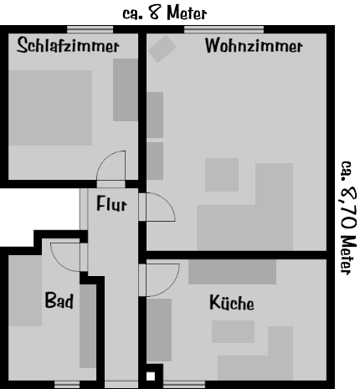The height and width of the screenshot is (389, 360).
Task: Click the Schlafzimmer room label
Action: coord(68,45)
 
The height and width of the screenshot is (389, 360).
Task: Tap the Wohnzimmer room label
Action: coord(254,45)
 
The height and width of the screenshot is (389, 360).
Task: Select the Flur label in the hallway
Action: coord(111,203)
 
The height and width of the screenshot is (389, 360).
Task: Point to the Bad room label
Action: coord(59,300)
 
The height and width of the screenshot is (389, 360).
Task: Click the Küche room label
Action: coord(232,302)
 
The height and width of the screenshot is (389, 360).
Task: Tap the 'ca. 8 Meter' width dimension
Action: coord(165,13)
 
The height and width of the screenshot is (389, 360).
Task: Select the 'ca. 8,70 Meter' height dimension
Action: coord(348,218)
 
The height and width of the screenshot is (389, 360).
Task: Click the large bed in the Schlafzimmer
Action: coord(50,108)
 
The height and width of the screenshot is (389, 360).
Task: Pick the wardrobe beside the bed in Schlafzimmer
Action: coord(126,90)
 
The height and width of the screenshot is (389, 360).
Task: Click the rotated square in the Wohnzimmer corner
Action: coord(162,49)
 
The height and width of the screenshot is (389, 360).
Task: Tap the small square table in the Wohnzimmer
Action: coord(222,175)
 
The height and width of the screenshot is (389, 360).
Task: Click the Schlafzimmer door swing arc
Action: coord(105,158)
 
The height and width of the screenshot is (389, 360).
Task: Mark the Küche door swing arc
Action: coord(170,286)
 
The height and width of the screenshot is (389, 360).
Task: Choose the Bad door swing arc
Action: coord(59,262)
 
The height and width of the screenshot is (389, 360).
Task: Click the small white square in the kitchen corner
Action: coord(151,376)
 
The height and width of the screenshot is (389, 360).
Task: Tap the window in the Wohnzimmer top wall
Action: coord(224,29)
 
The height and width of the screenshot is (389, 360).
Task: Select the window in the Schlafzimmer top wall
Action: coord(90,29)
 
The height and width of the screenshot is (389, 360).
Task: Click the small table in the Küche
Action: coord(233,331)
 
